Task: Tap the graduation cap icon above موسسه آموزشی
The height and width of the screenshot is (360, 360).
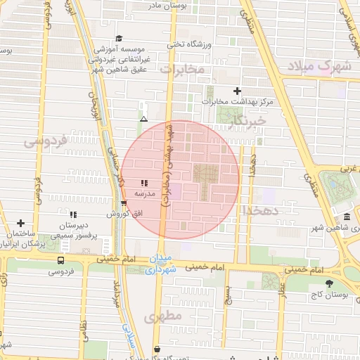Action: pyautogui.click(x=118, y=38)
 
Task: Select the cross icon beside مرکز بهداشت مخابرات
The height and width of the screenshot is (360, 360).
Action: pyautogui.click(x=237, y=91)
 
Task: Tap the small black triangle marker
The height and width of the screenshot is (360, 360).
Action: pyautogui.click(x=143, y=119)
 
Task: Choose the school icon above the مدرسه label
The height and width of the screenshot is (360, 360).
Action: pyautogui.click(x=144, y=183)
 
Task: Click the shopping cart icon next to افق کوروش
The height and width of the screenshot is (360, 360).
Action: pyautogui.click(x=124, y=204)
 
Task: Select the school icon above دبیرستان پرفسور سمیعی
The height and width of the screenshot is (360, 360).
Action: pyautogui.click(x=73, y=214)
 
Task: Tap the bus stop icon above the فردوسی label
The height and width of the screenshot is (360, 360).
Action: pyautogui.click(x=60, y=259)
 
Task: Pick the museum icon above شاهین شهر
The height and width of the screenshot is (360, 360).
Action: pyautogui.click(x=347, y=217)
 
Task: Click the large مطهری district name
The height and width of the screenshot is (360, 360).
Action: pyautogui.click(x=164, y=317)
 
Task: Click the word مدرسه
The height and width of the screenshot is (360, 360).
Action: pyautogui.click(x=144, y=192)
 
